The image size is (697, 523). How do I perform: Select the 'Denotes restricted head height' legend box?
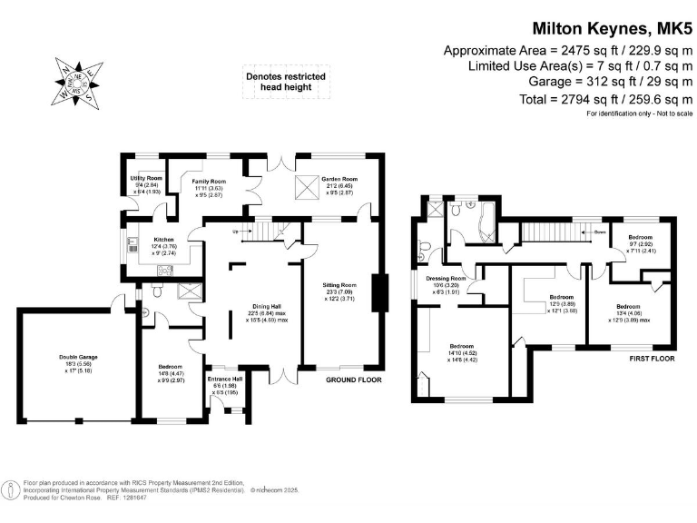point(285,83)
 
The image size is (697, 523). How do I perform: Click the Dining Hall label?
point(260,306)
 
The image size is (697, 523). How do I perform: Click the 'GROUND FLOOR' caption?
point(354,380)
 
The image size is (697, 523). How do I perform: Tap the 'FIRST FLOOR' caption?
point(652,360)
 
